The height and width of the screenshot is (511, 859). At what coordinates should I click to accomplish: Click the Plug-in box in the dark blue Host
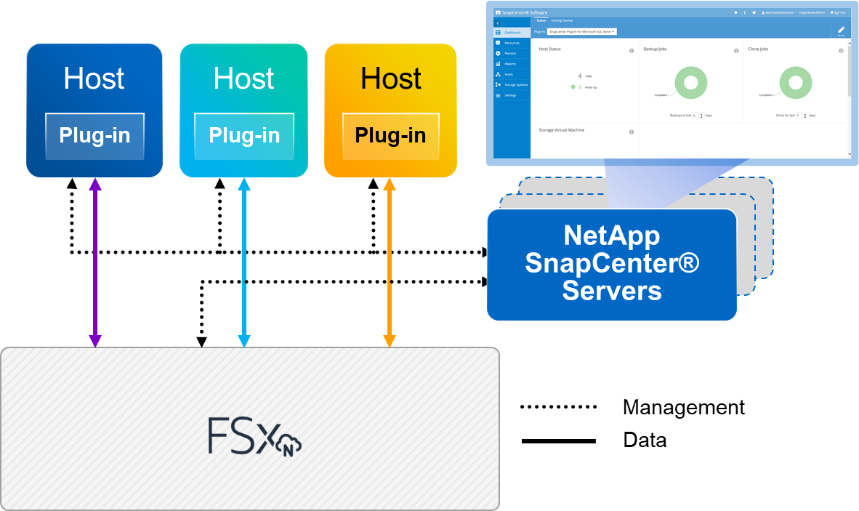click(x=94, y=136)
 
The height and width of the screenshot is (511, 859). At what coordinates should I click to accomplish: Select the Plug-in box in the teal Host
click(x=244, y=136)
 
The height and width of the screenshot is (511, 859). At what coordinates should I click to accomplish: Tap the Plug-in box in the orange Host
click(x=390, y=136)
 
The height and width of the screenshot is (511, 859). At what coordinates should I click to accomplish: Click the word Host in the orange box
click(x=391, y=79)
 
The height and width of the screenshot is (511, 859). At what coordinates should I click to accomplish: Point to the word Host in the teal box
click(x=244, y=79)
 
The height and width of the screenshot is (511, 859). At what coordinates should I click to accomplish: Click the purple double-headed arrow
click(x=95, y=262)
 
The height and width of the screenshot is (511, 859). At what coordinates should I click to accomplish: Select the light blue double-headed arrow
click(x=244, y=262)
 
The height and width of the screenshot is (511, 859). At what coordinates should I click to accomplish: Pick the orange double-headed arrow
click(x=390, y=262)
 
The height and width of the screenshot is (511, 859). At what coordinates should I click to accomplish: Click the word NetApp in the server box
click(x=612, y=236)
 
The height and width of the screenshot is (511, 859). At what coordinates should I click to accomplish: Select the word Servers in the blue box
click(x=612, y=291)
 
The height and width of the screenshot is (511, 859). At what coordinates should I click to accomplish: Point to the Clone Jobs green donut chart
click(x=795, y=82)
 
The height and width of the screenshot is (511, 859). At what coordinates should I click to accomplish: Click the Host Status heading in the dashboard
click(x=549, y=49)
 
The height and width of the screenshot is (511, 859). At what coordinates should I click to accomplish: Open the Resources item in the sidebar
click(x=512, y=43)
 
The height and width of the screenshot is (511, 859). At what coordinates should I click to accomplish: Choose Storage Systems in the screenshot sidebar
click(x=516, y=85)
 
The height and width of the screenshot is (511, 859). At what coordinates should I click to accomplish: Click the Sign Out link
click(x=838, y=12)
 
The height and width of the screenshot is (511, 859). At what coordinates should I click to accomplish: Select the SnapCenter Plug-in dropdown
click(x=582, y=31)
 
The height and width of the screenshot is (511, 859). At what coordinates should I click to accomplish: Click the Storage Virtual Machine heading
click(x=561, y=130)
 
